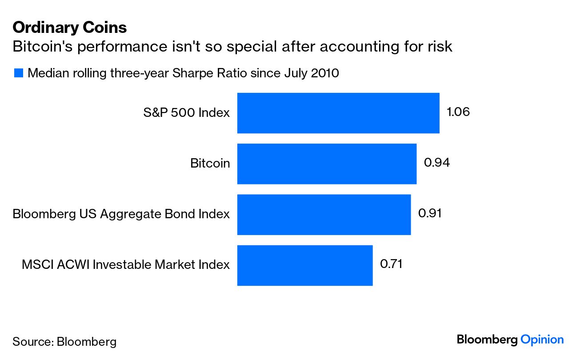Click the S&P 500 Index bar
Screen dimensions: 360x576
[x=338, y=113]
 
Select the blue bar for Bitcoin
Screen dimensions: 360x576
[x=327, y=164]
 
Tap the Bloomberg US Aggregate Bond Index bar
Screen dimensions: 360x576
[x=324, y=214]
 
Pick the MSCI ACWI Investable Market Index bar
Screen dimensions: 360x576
[x=305, y=265]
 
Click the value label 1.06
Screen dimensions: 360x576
[x=458, y=112]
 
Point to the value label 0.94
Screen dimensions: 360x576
[x=437, y=163]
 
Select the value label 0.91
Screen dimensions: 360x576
[x=430, y=213]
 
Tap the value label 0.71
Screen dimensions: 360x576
[x=391, y=264]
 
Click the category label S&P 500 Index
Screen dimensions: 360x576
[x=186, y=113]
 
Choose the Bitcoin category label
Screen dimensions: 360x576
[x=210, y=164]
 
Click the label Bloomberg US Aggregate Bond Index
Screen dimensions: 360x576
[x=121, y=214]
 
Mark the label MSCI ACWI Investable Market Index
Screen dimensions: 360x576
[x=126, y=265]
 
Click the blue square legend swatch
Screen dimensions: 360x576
[x=18, y=73]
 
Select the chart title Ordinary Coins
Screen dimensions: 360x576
[x=70, y=28]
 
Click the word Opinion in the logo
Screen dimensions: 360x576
[x=542, y=340]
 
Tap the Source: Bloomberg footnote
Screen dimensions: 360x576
[x=64, y=342]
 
